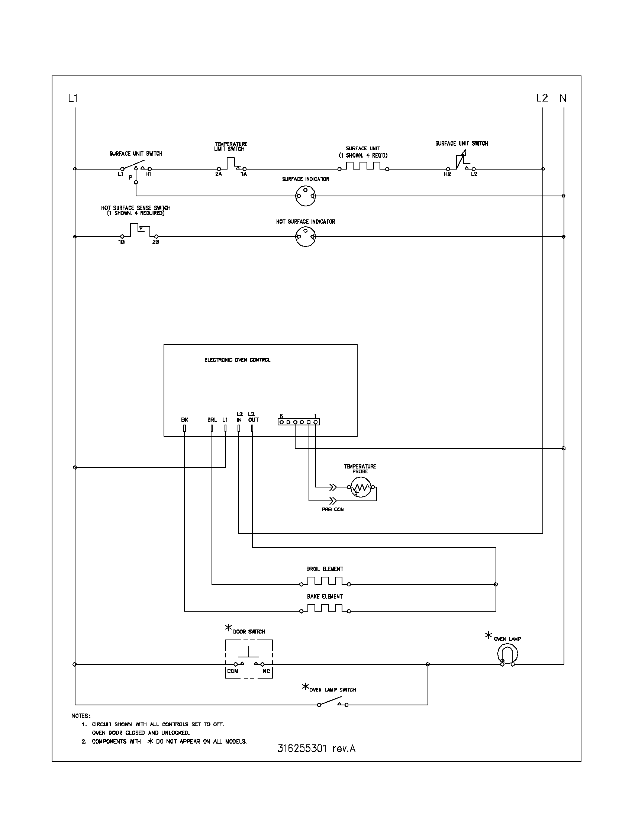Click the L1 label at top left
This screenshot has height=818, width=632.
pos(72,99)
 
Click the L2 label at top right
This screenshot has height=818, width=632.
pos(542,98)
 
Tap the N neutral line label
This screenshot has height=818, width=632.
pos(563,99)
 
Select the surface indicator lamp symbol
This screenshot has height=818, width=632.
pos(305,196)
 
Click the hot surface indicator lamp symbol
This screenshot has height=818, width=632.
pos(305,237)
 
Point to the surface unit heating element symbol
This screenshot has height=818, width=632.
pos(363,166)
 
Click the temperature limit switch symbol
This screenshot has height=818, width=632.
pos(230,164)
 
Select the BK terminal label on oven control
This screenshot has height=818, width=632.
pos(185,420)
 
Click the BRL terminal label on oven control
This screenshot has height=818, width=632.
pos(212,420)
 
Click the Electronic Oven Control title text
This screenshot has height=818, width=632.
pos(238,360)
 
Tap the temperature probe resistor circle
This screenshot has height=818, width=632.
pos(361,487)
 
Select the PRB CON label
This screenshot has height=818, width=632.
pos(332,509)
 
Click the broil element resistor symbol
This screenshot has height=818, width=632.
pos(325,581)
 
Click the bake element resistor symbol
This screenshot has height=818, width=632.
pos(325,609)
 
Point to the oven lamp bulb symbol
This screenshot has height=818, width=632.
pos(507,655)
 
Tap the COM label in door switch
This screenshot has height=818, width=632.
pos(232,671)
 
